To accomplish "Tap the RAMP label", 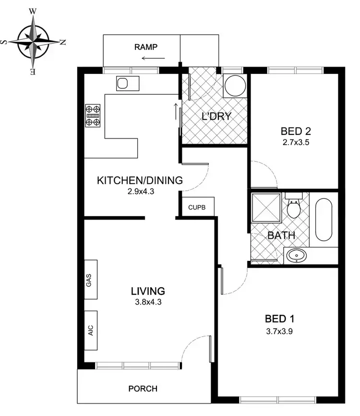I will pyautogui.click(x=146, y=47).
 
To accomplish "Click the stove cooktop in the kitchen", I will pyautogui.click(x=93, y=115).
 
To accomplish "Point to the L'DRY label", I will pyautogui.click(x=216, y=116).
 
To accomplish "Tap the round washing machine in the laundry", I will pyautogui.click(x=235, y=86).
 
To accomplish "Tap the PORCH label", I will pyautogui.click(x=143, y=389).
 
